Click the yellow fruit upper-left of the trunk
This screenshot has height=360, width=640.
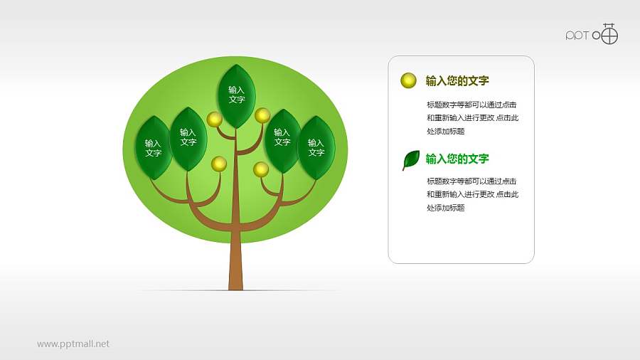[213, 118]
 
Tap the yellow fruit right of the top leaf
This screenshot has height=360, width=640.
[262, 115]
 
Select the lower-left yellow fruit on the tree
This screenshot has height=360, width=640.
[219, 164]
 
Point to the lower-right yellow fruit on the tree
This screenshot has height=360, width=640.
[261, 169]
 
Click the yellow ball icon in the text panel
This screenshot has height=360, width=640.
[408, 80]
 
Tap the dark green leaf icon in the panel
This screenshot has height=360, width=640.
[410, 160]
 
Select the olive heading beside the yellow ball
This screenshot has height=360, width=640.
[457, 80]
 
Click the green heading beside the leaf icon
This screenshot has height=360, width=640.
[457, 159]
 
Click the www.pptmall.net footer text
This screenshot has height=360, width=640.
[73, 344]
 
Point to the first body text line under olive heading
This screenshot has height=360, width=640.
[471, 105]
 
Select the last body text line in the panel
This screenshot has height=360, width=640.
[446, 208]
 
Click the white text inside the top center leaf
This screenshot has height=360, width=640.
[237, 95]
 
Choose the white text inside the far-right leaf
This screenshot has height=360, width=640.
[316, 147]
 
